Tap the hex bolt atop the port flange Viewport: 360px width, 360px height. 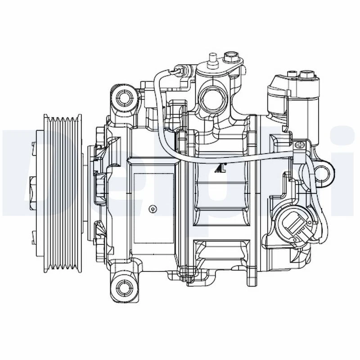click(231, 58)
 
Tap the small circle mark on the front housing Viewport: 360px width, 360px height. click(153, 208)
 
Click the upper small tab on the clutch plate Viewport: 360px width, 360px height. click(34, 144)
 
